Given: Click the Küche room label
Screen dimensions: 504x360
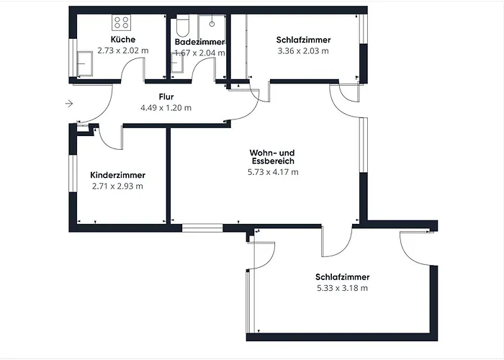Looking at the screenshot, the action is tap(123, 39).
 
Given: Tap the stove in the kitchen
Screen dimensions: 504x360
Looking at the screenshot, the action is tap(121, 22).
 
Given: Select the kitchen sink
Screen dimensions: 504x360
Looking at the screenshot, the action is tap(85, 63).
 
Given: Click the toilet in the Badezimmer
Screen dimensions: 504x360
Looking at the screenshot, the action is tap(183, 25).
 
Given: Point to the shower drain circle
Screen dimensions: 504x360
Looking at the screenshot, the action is tap(212, 24).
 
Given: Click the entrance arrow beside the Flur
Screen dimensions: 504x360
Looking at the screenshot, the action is tap(69, 104).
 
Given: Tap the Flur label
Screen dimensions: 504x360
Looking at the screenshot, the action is tap(166, 96).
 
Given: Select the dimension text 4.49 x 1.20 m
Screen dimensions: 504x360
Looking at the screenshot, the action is tap(166, 107).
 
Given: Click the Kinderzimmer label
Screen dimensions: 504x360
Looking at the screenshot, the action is tap(117, 175).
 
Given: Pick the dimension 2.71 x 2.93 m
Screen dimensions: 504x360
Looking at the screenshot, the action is tap(117, 186).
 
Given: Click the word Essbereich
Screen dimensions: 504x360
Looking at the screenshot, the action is tap(273, 161).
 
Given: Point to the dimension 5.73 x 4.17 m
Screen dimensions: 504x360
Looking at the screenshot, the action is tap(273, 172).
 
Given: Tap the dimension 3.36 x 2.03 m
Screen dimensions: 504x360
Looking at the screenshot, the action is tap(303, 51).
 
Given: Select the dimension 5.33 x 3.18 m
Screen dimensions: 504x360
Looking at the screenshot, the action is tap(342, 288).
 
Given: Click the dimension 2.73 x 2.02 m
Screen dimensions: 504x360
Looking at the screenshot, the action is tap(123, 50).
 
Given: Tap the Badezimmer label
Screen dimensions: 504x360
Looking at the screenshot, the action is tap(199, 42).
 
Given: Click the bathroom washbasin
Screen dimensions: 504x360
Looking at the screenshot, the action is tap(177, 63).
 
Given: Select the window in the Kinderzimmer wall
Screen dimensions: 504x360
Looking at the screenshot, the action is tap(73, 174).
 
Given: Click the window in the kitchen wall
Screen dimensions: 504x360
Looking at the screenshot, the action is tap(73, 58).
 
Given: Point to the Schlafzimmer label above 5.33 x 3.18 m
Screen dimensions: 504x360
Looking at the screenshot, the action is tap(342, 277).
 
